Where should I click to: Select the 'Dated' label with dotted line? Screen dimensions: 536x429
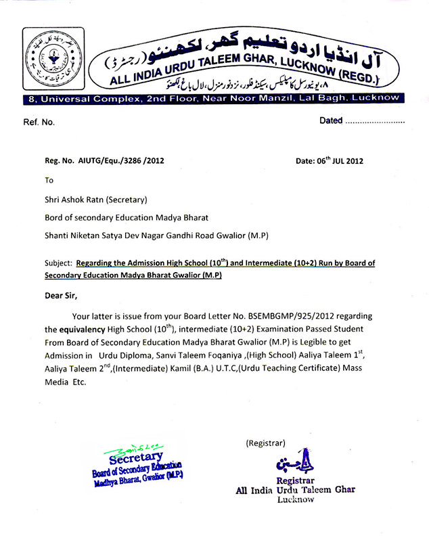(361, 122)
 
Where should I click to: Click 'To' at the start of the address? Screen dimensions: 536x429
(48, 181)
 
